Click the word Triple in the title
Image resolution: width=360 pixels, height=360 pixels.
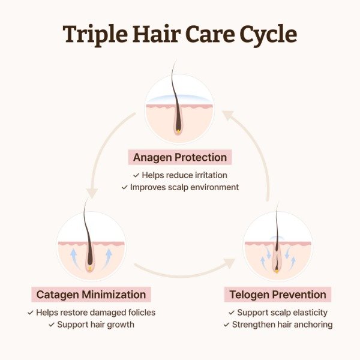[95, 34]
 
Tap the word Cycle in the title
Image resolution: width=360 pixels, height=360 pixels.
[268, 34]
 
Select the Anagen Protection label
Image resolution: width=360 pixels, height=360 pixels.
[180, 157]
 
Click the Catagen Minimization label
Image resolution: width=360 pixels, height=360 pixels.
[91, 295]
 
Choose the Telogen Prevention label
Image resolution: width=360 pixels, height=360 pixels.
[278, 295]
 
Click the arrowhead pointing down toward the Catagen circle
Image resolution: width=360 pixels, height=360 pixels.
[92, 194]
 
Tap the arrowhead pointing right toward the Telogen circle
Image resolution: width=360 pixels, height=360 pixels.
[230, 263]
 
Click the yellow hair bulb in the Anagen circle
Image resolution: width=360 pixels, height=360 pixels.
[178, 131]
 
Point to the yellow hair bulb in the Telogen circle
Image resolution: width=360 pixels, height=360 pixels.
[277, 271]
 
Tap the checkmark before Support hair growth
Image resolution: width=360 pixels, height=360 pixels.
[52, 325]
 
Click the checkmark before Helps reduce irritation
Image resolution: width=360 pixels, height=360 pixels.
[136, 175]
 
